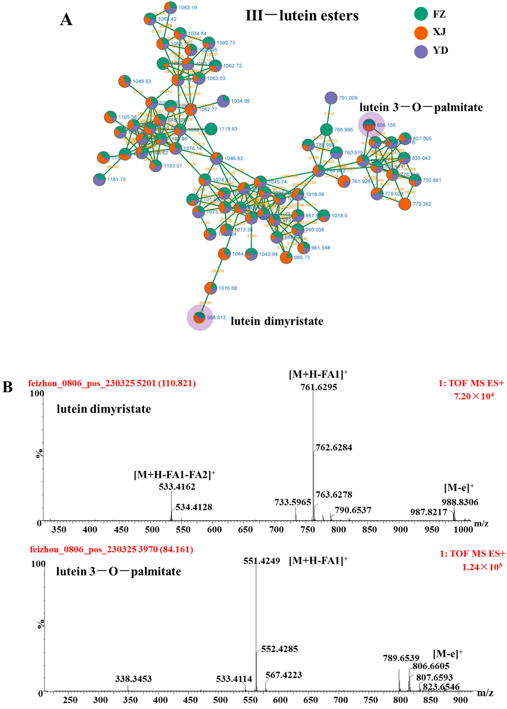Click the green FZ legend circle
421,14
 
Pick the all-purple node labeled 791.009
331,98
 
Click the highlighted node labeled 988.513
199,318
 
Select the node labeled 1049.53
125,81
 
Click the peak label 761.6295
319,387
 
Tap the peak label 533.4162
177,486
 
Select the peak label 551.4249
262,561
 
